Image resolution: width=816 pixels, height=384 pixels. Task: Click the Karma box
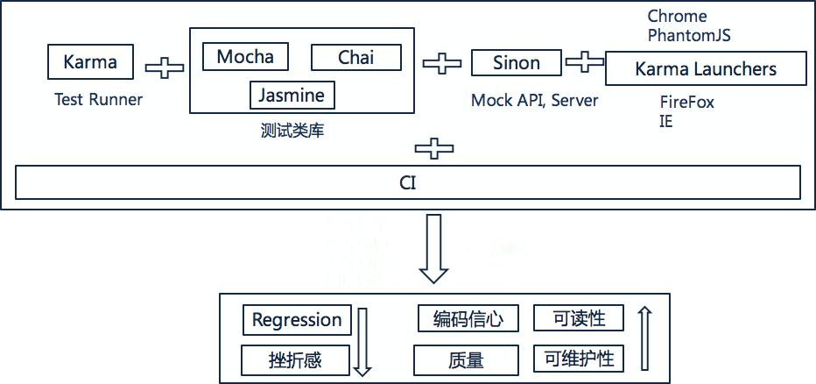click(90, 62)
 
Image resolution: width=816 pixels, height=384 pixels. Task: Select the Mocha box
click(245, 57)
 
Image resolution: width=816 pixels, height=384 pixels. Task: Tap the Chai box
click(355, 57)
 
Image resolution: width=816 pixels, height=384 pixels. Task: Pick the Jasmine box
click(291, 95)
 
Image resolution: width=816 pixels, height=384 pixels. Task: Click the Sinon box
click(516, 62)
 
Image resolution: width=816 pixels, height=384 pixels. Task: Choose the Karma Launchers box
click(706, 68)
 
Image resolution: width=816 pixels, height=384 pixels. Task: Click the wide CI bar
click(408, 183)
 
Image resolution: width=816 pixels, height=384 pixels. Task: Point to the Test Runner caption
click(98, 99)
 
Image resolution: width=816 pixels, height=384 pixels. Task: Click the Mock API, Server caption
click(534, 100)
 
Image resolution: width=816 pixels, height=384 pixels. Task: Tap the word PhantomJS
click(689, 36)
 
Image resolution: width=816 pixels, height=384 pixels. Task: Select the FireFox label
click(686, 102)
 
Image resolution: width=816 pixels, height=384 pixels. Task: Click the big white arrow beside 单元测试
click(433, 250)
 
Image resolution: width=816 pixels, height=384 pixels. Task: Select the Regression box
click(297, 320)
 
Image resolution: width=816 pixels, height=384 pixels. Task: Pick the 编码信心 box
click(468, 319)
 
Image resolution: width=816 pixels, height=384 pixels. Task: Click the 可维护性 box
click(579, 358)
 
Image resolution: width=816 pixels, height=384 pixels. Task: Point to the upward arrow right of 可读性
click(644, 338)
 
